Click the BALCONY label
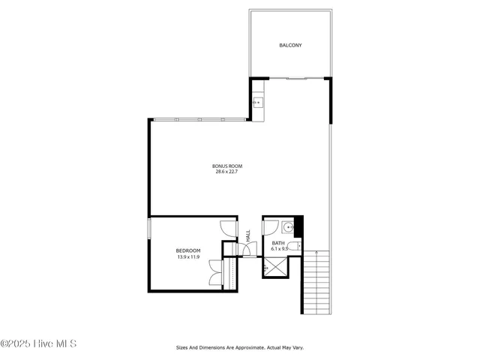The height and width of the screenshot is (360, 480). [x=290, y=46]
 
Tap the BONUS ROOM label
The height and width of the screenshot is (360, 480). [x=226, y=166]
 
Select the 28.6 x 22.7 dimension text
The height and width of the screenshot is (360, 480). [x=226, y=172]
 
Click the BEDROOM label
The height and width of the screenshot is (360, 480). [x=188, y=250]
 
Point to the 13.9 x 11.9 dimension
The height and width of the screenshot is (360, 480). [x=188, y=256]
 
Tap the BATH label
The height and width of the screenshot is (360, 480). [x=278, y=243]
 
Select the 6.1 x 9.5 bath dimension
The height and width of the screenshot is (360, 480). [x=280, y=249]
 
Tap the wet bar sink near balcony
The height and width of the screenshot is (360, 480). [x=257, y=103]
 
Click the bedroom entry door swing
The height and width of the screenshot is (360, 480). [x=227, y=229]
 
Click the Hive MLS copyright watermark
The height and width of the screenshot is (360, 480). [x=38, y=344]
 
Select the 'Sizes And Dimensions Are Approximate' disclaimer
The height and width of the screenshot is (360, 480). [x=239, y=347]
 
